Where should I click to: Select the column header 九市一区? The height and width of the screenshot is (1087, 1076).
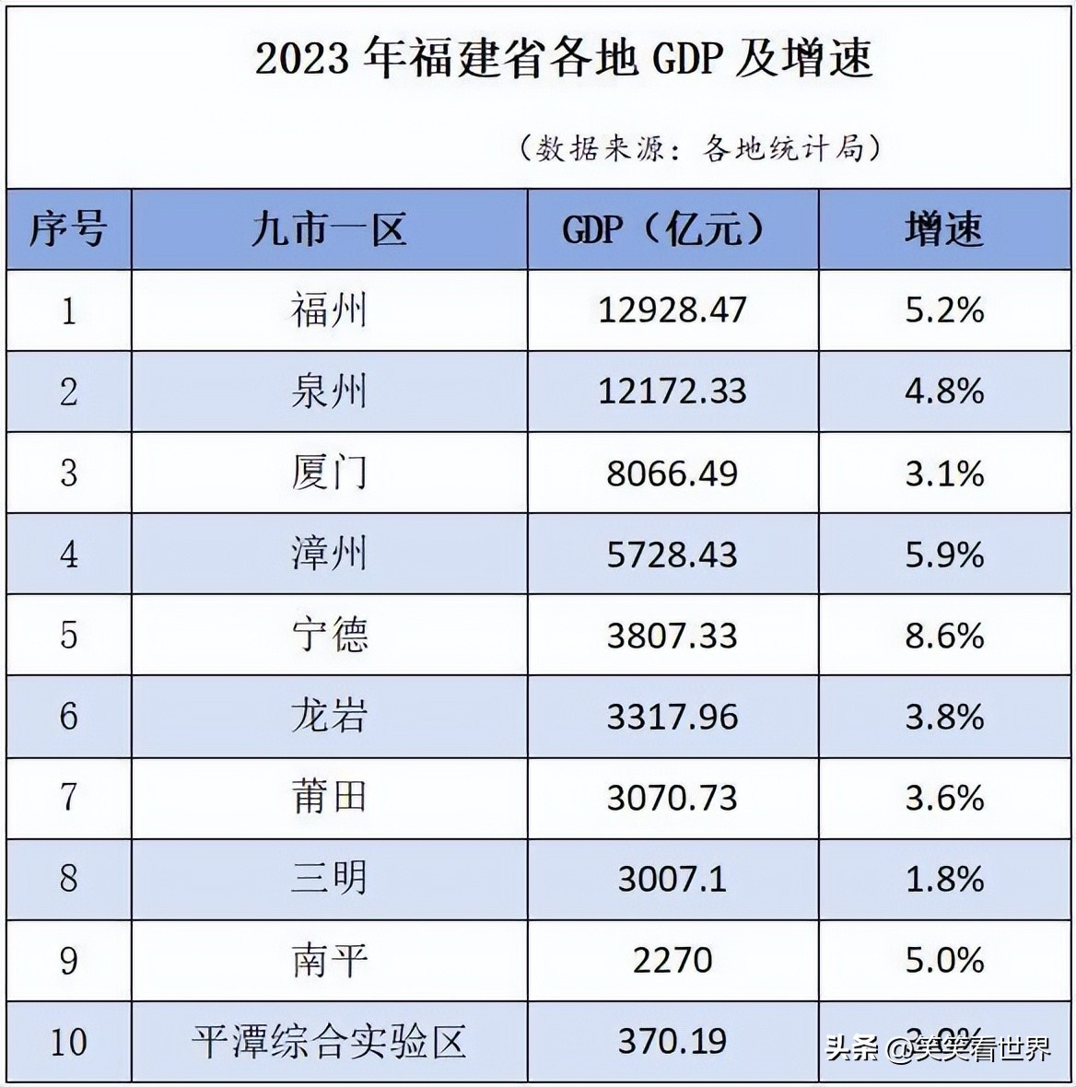[329, 229]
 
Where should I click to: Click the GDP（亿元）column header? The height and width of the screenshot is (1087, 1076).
[664, 229]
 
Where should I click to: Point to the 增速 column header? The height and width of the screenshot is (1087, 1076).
[944, 229]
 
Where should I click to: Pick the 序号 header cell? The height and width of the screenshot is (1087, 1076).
[68, 229]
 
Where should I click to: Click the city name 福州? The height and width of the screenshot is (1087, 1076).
[329, 310]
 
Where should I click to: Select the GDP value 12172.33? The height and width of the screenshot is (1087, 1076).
[672, 392]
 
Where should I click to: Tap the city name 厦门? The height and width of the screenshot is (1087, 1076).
[329, 473]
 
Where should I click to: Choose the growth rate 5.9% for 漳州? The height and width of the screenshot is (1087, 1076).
[944, 555]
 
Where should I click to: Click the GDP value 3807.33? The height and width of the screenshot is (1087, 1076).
[672, 636]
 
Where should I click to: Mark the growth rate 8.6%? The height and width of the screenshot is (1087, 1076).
[944, 636]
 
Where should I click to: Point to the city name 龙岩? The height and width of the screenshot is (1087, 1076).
[329, 717]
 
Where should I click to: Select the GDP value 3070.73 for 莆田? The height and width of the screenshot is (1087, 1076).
[672, 798]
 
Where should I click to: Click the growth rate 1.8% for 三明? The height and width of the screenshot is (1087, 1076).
[944, 879]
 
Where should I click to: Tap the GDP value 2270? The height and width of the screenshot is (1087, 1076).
[672, 961]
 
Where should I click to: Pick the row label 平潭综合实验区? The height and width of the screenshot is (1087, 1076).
[329, 1042]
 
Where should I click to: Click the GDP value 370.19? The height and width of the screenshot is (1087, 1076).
[672, 1042]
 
